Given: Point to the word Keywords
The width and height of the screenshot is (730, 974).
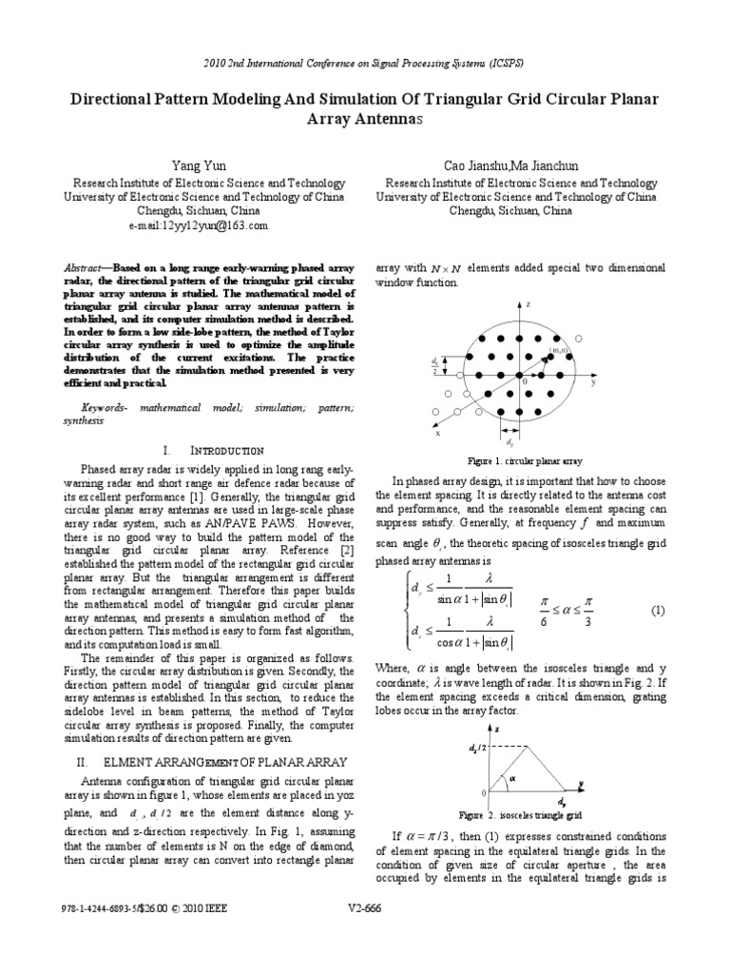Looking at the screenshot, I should pyautogui.click(x=105, y=406).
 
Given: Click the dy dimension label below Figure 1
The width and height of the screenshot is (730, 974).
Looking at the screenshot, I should pyautogui.click(x=510, y=442).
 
